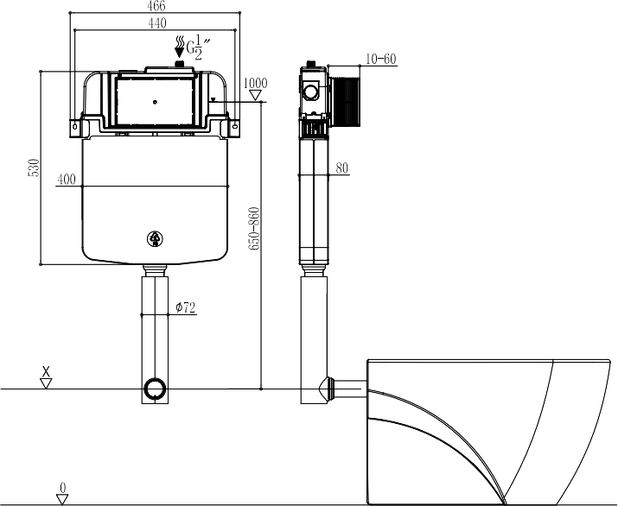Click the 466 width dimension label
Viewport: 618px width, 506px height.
(x=156, y=6)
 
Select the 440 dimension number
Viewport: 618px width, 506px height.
(x=157, y=23)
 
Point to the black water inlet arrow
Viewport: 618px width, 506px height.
(x=180, y=47)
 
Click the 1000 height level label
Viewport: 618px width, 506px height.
(x=255, y=83)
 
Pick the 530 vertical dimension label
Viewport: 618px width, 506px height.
(x=35, y=168)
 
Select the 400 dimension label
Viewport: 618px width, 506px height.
(x=67, y=179)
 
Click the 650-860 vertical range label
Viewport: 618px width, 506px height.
(x=254, y=228)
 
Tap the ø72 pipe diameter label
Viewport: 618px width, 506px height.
(x=186, y=307)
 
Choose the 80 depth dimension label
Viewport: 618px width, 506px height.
(x=342, y=168)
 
